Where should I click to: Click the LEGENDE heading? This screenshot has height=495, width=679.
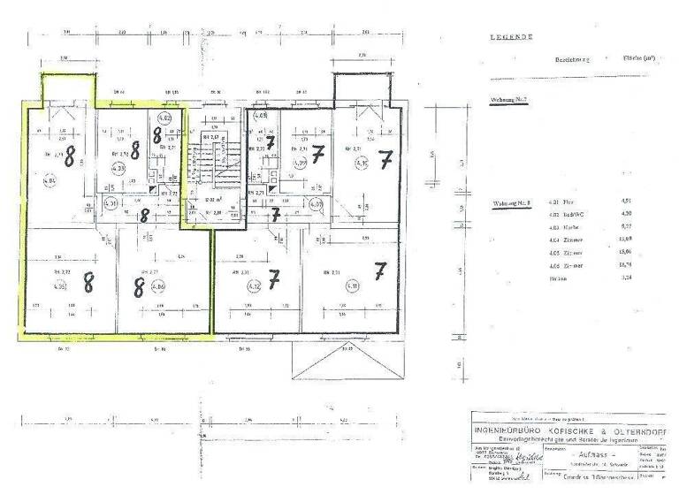pyautogui.click(x=511, y=37)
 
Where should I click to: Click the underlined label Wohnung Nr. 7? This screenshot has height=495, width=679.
pyautogui.click(x=508, y=100)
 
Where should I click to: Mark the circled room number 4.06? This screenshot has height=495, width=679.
pyautogui.click(x=158, y=286)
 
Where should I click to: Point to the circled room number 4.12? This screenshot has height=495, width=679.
pyautogui.click(x=254, y=286)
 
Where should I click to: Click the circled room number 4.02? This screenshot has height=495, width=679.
pyautogui.click(x=164, y=117)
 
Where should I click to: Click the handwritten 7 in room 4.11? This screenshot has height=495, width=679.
pyautogui.click(x=380, y=271)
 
